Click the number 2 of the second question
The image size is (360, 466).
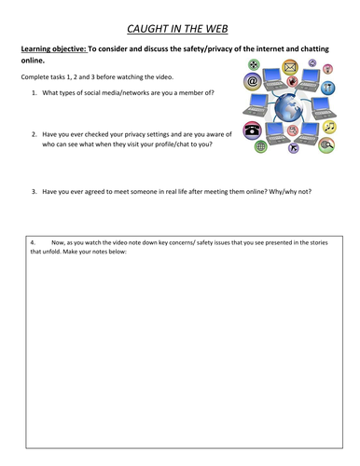[x=34, y=134]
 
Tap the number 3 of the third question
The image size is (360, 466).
[x=34, y=191]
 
